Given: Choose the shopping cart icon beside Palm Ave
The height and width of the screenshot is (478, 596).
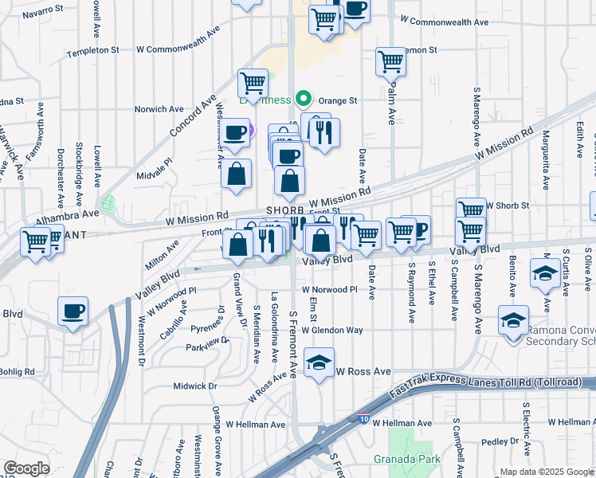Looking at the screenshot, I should pyautogui.click(x=390, y=61).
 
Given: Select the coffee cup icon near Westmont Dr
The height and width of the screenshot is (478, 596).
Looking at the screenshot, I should pyautogui.click(x=73, y=311).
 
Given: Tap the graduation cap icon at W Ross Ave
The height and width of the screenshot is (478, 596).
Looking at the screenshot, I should pyautogui.click(x=319, y=363).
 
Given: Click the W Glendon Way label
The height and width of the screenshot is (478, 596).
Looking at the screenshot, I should pyautogui.click(x=332, y=330).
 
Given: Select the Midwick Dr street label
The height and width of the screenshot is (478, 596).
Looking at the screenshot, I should pyautogui.click(x=194, y=386).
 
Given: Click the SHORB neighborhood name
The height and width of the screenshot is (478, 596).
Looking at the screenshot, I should pyautogui.click(x=285, y=210).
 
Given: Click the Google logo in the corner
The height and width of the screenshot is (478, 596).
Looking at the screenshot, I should pyautogui.click(x=26, y=468).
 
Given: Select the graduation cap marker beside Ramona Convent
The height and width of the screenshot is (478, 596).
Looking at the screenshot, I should pyautogui.click(x=512, y=320).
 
